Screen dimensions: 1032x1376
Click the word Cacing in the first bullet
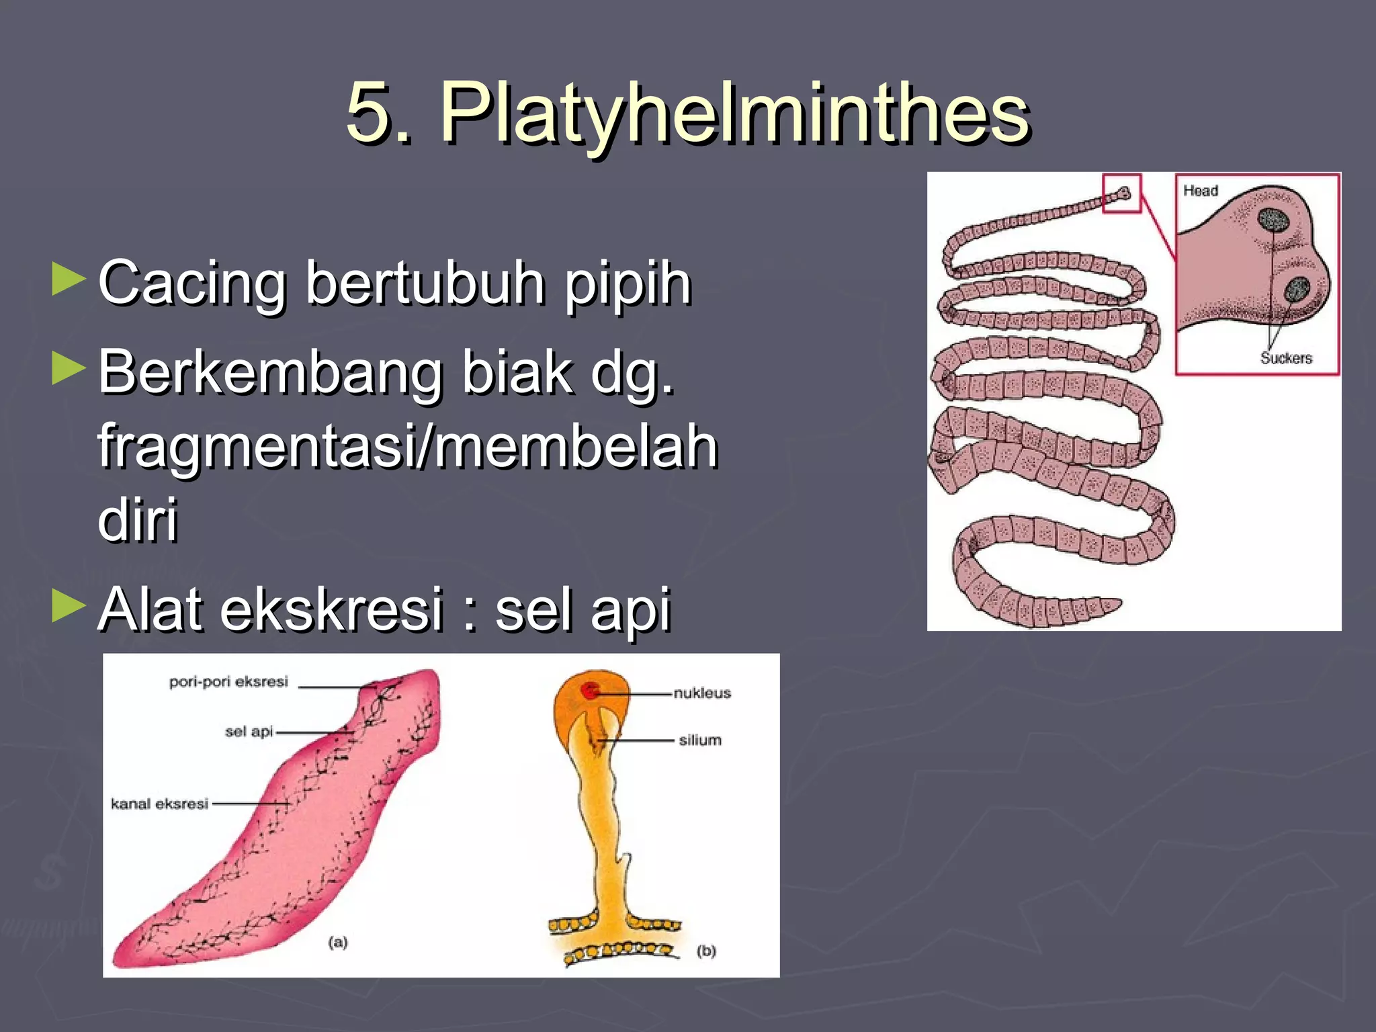click(193, 284)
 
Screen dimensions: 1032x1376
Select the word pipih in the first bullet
click(628, 284)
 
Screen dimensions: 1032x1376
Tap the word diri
click(138, 519)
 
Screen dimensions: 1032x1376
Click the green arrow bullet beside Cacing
click(69, 279)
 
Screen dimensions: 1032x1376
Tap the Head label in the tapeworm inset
click(1201, 191)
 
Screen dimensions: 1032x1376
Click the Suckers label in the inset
click(1286, 358)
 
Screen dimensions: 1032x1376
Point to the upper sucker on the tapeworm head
click(1271, 220)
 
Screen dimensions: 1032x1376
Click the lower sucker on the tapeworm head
click(1297, 290)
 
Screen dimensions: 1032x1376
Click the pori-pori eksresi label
click(228, 682)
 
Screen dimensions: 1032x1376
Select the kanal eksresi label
click(159, 804)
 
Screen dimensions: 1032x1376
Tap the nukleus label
click(702, 693)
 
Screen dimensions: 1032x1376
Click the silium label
click(700, 740)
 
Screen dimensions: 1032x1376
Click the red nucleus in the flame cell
click(591, 690)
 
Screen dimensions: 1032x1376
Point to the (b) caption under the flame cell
click(706, 951)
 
